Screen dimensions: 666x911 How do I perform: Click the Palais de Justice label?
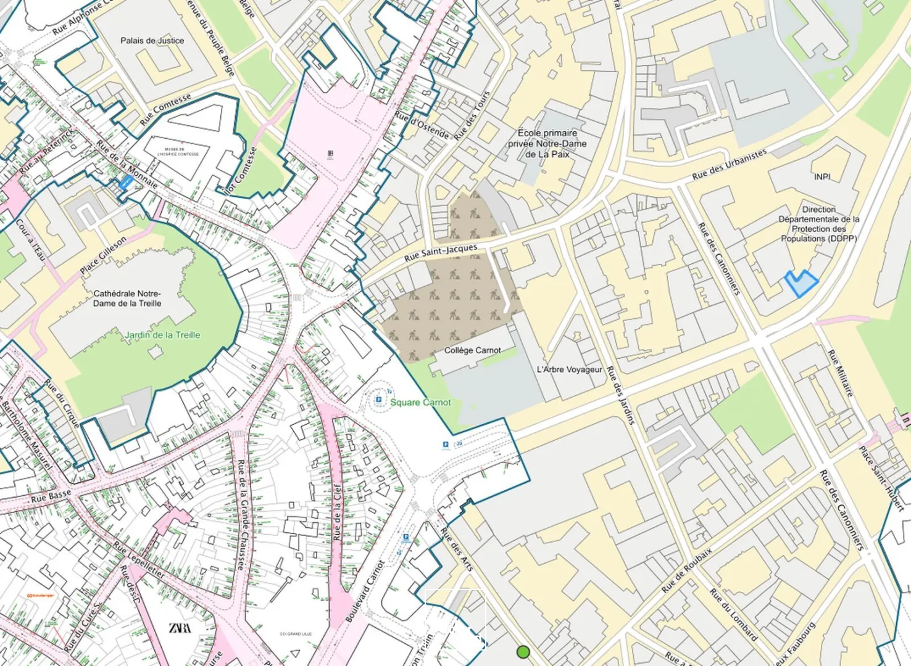[x=152, y=41]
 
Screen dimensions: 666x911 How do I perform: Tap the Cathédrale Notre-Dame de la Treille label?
[x=127, y=298]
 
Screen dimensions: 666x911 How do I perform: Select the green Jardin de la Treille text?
[x=162, y=335]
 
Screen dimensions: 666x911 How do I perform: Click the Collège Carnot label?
[x=473, y=350]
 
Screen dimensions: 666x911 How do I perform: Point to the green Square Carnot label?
[x=420, y=402]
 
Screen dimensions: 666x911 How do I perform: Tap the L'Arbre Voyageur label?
[x=569, y=369]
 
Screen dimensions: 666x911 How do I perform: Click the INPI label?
[x=822, y=177]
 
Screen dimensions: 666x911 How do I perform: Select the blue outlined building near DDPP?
[x=801, y=284]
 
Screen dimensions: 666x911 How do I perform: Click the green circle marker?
[x=523, y=652]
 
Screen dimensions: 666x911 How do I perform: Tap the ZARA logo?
[x=180, y=628]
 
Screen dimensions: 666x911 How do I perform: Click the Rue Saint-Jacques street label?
[x=441, y=253]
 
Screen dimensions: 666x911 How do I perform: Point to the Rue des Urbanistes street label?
[x=729, y=165]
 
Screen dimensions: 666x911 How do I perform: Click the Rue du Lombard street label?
[x=733, y=615]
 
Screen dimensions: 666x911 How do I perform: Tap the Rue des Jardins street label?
[x=620, y=395]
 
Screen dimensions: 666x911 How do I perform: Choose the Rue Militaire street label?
[x=841, y=373]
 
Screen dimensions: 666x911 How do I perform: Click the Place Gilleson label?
[x=103, y=255]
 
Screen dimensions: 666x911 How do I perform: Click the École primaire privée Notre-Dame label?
[x=547, y=144]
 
